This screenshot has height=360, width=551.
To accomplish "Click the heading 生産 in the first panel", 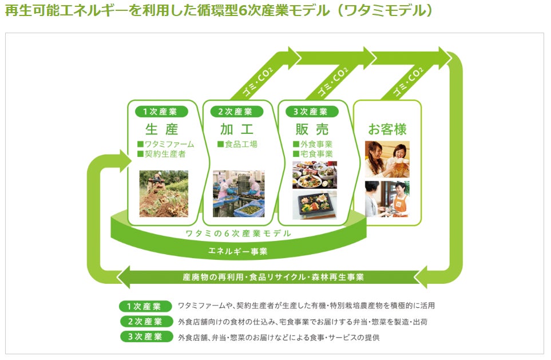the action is coord(161,129).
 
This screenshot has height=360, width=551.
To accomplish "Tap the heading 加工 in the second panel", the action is coord(236,129).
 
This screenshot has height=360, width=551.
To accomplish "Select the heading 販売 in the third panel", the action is coord(312,129).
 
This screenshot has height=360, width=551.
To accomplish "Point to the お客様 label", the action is coord(387,129).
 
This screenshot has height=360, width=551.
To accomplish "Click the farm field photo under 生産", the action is coord(164,193).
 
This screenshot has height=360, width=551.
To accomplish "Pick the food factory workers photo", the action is coord(239,193).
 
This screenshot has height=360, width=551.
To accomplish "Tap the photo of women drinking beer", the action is coord(387,159).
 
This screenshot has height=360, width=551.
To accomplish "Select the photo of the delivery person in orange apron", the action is coord(387,199).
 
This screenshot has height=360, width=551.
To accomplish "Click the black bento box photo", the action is coord(315,205).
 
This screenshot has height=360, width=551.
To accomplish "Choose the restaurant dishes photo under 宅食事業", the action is coord(315,175).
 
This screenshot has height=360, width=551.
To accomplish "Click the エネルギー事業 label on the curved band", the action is coord(238,251).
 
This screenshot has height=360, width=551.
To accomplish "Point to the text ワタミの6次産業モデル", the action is coord(238,234).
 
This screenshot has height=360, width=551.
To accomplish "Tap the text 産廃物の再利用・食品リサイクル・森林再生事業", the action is coord(273,277).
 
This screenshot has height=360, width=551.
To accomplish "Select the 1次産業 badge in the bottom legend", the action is coord(146,306).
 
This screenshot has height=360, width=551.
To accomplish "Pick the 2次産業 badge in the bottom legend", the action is coord(146,322).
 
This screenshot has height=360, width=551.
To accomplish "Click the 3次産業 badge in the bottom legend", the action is coord(146,337).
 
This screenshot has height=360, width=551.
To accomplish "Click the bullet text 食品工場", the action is coord(240,144).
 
